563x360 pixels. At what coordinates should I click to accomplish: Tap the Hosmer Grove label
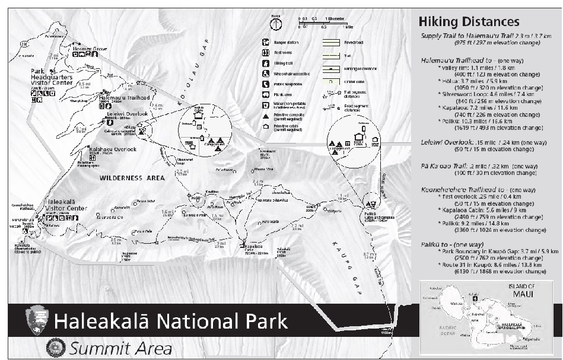(x=90, y=47)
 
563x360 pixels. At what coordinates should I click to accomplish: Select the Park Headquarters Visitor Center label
(x=52, y=79)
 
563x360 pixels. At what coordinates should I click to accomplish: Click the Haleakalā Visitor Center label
(x=66, y=205)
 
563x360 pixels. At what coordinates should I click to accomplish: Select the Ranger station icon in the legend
(x=266, y=43)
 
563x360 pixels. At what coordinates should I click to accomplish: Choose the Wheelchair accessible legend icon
(x=266, y=74)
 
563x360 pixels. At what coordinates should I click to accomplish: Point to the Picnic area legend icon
(x=266, y=94)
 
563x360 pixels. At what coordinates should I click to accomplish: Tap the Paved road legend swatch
(x=331, y=43)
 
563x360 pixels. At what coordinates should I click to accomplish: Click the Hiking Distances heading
(x=469, y=23)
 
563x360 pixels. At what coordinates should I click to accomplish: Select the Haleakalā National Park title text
(x=170, y=322)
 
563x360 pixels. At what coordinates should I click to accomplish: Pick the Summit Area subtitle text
(x=120, y=348)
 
